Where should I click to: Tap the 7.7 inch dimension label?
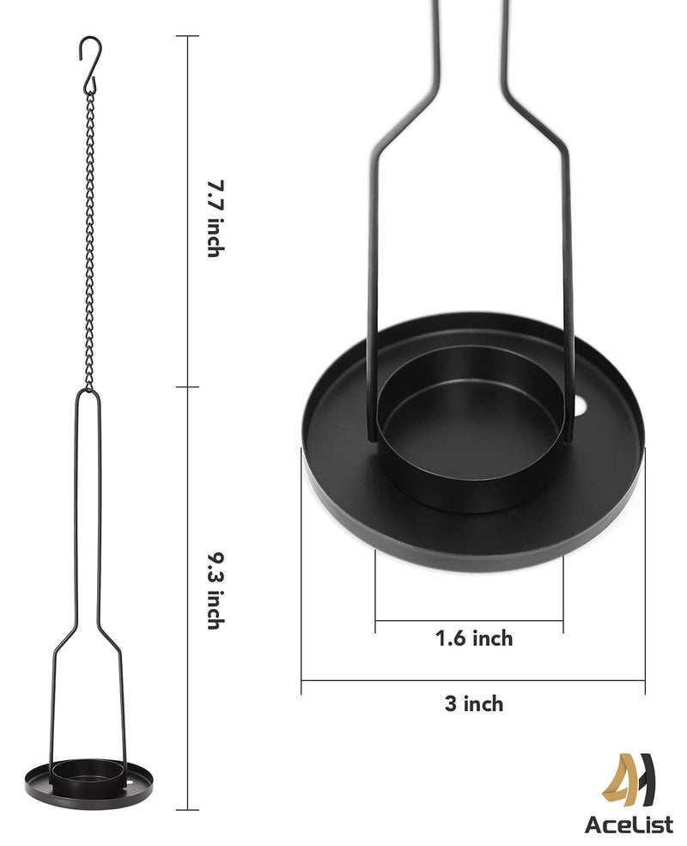(216, 218)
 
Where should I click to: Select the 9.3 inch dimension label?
(216, 590)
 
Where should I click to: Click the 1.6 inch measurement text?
(474, 638)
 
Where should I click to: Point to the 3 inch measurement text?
(474, 703)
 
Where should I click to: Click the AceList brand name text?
(629, 825)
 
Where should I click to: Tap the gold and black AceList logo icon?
(629, 782)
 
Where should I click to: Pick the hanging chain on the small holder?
(89, 240)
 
